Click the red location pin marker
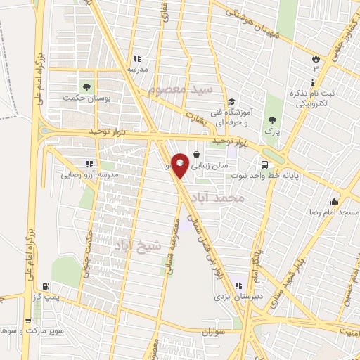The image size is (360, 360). click(181, 164)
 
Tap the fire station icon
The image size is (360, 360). click(316, 59)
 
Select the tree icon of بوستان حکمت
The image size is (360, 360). click(86, 87)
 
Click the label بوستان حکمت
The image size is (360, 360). click(85, 99)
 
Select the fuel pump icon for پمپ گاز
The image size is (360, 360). click(46, 287)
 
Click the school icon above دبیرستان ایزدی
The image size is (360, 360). click(238, 285)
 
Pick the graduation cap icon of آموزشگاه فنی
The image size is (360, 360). click(231, 101)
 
